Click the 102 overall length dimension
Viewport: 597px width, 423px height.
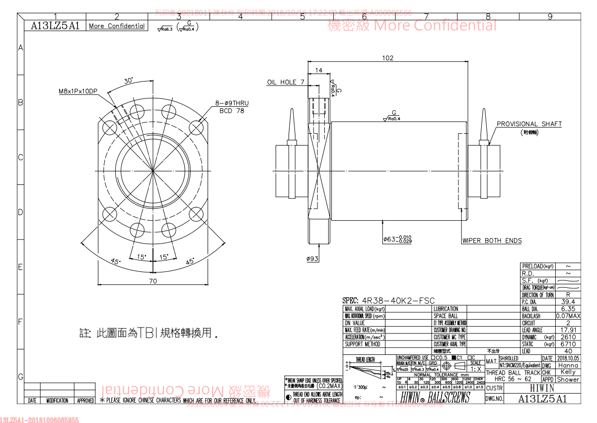(x=388, y=58)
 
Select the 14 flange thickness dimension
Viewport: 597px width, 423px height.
(x=318, y=71)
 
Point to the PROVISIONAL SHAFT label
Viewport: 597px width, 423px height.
(x=529, y=124)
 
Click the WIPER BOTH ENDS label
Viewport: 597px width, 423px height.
(x=492, y=241)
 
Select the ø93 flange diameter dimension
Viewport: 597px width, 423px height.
(x=312, y=258)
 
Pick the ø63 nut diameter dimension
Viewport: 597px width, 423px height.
(x=397, y=239)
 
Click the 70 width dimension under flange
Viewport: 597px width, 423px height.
(x=152, y=281)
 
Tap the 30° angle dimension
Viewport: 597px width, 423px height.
(x=129, y=81)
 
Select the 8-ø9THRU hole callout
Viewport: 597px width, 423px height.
(x=232, y=103)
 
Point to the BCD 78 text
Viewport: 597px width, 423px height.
(x=232, y=111)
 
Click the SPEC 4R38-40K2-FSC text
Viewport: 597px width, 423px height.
(x=388, y=300)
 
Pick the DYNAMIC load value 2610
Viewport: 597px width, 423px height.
(x=568, y=337)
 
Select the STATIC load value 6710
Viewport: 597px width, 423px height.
(x=568, y=344)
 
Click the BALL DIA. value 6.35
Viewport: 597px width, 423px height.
(x=568, y=309)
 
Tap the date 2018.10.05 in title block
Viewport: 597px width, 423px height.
(x=568, y=358)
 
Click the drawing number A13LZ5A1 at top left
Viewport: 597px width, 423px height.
(x=55, y=26)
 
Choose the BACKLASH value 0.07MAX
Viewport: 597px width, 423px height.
(x=568, y=316)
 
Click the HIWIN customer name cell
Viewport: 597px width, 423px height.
(x=542, y=388)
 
